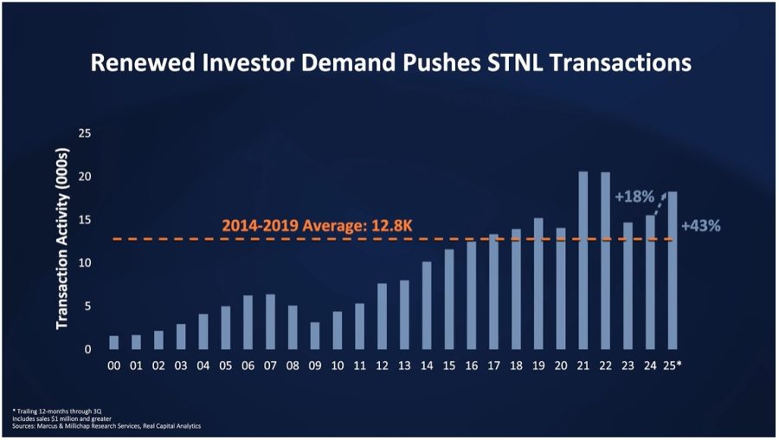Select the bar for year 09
click(315, 335)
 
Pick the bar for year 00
click(113, 342)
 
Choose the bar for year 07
click(270, 321)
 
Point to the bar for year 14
click(427, 305)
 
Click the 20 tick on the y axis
click(85, 177)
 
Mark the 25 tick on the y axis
click(85, 133)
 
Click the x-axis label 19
click(538, 366)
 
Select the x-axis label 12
click(382, 366)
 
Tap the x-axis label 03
click(180, 366)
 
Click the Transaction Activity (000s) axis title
click(62, 242)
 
